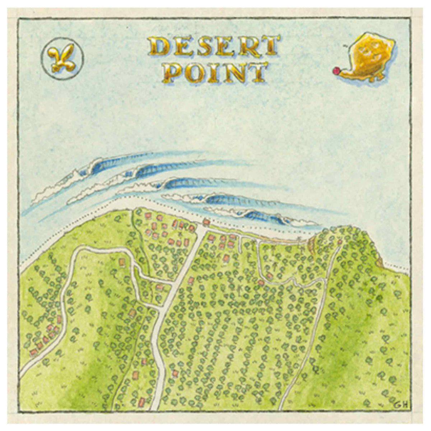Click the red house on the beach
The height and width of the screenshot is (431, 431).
[206, 222]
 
